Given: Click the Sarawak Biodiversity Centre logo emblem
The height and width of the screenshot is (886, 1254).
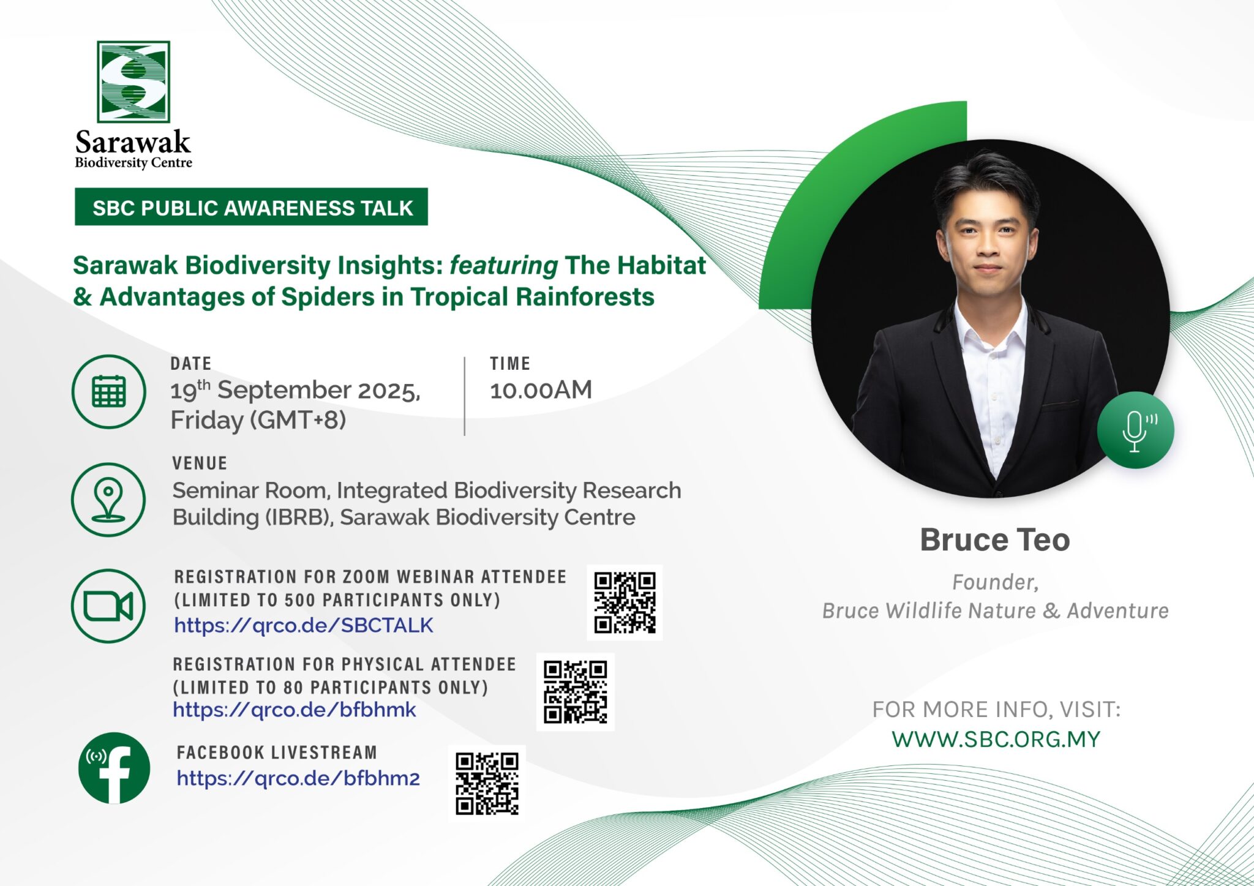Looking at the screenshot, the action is [x=133, y=81].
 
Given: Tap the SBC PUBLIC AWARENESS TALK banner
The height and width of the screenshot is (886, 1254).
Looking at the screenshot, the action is [x=251, y=207].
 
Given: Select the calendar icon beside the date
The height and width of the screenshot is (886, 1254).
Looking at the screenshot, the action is [x=109, y=392].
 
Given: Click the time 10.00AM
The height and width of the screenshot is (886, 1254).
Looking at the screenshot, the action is [x=541, y=390].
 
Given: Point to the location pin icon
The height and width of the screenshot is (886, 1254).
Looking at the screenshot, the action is [x=108, y=500].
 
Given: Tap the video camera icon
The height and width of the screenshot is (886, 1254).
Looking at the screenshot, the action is [x=108, y=606].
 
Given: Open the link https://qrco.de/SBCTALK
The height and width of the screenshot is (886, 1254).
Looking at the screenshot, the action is [x=304, y=625].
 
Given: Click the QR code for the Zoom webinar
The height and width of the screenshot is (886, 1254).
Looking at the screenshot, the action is [x=625, y=603].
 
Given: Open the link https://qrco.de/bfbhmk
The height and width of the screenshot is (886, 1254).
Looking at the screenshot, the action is [x=295, y=710].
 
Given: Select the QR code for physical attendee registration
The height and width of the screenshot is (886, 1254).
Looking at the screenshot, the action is [x=576, y=692].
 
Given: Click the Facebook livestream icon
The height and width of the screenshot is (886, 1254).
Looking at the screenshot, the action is [x=115, y=768].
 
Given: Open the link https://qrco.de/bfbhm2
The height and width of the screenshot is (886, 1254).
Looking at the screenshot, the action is [x=298, y=778].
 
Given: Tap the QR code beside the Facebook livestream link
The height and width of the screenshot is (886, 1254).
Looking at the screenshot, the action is [x=487, y=784].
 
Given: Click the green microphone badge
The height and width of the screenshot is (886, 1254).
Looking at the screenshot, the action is [x=1135, y=430].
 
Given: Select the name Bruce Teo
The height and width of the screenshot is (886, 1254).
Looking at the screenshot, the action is [x=995, y=540].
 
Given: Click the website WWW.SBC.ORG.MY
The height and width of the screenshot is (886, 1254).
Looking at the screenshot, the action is [x=996, y=739].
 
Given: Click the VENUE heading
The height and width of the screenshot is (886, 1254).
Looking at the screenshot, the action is [x=200, y=463].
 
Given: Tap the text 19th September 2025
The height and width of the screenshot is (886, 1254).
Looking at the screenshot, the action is [x=296, y=390].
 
